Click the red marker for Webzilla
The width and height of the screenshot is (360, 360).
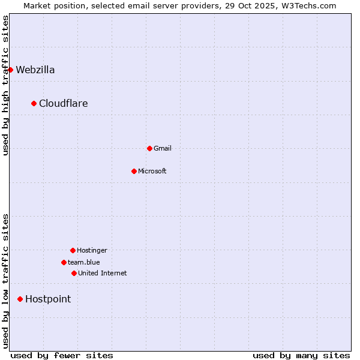pos(10,70)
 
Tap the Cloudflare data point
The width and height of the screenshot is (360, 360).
pos(34,103)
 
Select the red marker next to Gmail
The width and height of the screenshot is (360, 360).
pos(149,148)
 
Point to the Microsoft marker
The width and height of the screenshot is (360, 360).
pos(134,171)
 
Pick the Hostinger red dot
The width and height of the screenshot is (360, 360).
pos(73,250)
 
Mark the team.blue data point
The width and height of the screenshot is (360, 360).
pos(64,262)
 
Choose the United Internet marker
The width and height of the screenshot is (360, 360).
pos(74,273)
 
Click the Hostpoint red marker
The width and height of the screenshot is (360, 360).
pos(20,299)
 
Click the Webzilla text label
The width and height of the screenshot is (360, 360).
pos(35,70)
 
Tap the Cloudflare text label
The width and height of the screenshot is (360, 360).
pos(64,103)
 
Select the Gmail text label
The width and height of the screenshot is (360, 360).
pos(163,148)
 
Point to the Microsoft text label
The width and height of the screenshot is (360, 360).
pos(152,171)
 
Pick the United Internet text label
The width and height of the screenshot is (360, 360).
pos(103,273)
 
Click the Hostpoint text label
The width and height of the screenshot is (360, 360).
pos(48,299)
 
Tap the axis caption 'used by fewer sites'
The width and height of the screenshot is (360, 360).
pos(62,355)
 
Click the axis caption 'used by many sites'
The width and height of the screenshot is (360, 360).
pos(301,355)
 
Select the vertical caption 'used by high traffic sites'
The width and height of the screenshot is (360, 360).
pos(5,85)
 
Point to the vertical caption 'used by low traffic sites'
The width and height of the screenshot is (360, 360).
pos(5,281)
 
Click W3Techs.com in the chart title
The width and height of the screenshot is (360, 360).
pos(309,5)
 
